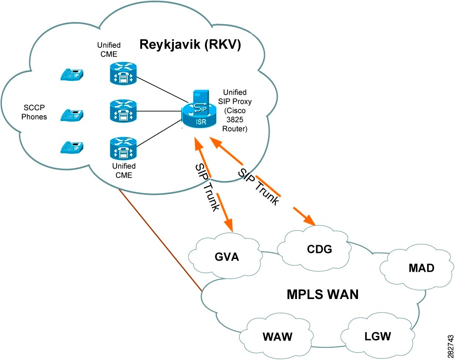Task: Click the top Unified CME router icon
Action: (x=123, y=73)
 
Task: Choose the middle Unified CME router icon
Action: (x=123, y=111)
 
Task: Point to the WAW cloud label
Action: (x=277, y=337)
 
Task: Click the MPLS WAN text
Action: (x=322, y=294)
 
